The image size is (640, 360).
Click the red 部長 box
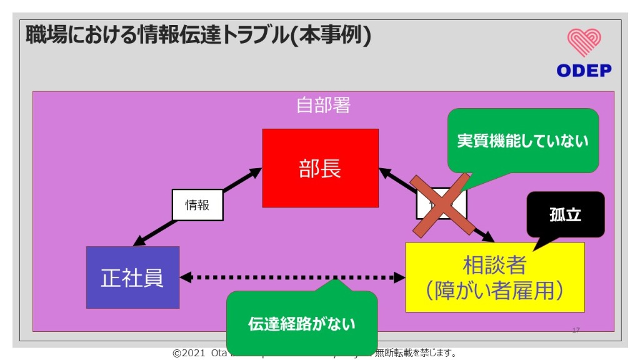point(320,167)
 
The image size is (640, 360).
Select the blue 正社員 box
point(132,277)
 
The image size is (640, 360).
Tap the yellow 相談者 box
point(494,277)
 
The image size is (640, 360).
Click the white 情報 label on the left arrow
point(197,205)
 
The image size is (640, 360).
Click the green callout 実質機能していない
point(522,141)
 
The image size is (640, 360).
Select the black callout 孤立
point(566,214)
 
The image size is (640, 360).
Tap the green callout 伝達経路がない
point(301,324)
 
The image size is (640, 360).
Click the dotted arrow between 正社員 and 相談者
point(275,277)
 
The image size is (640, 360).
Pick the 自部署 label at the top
point(323,105)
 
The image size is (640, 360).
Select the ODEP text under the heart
point(584,71)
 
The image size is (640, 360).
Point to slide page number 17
point(576,330)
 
